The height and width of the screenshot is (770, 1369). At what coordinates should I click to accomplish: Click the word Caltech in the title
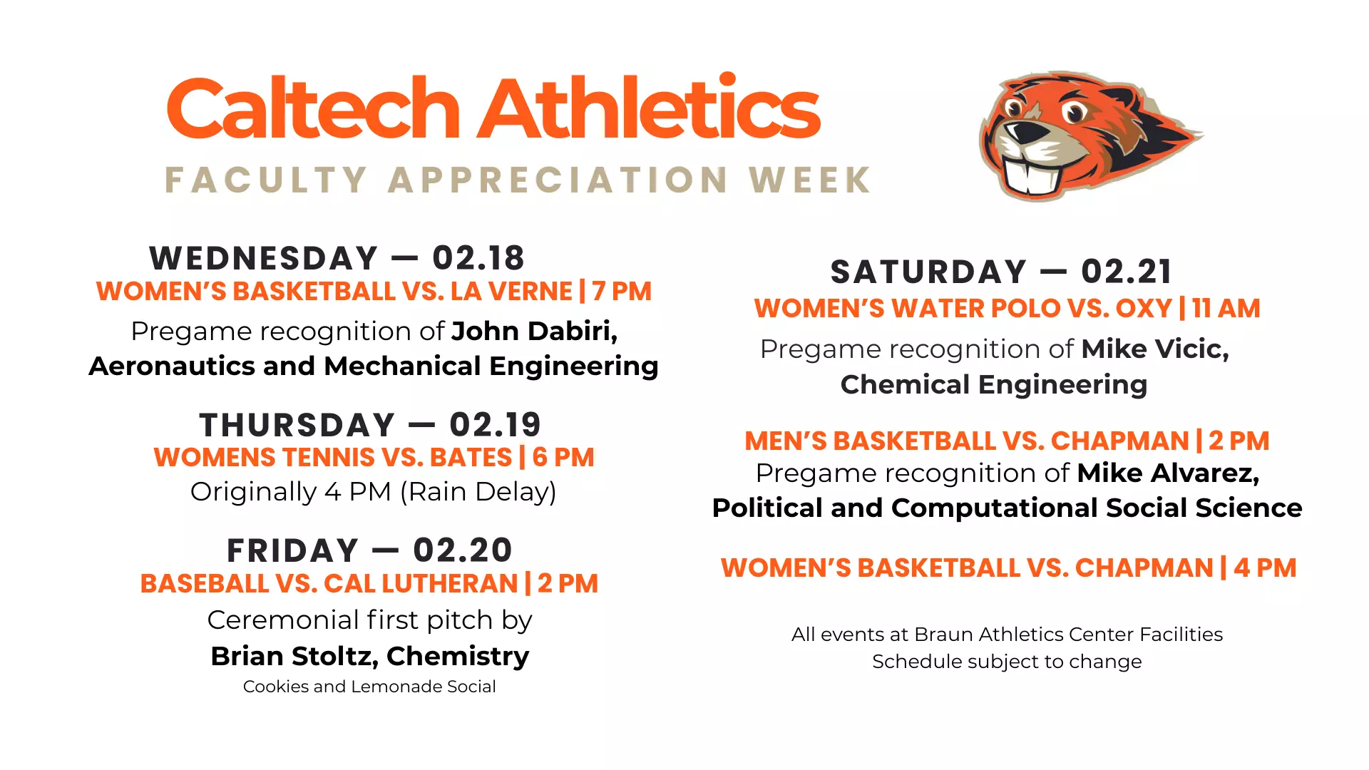point(314,108)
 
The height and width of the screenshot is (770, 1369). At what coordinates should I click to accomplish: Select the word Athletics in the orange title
point(649,108)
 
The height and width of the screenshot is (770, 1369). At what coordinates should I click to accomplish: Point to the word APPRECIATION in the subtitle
point(558,180)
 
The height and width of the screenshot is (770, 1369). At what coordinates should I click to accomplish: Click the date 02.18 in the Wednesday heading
point(478,258)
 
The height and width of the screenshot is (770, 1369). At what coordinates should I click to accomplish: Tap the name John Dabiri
point(533,331)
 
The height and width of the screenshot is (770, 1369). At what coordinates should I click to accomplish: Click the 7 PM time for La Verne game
point(622,292)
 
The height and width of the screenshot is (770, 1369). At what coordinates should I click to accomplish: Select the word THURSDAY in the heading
point(297,426)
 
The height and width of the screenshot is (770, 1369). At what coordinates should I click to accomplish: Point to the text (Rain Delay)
point(478,492)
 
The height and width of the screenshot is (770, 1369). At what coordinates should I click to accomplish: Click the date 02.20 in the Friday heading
point(463,550)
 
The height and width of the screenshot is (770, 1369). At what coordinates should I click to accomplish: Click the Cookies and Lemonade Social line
point(369,687)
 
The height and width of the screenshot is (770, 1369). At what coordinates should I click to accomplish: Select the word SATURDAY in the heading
point(928,272)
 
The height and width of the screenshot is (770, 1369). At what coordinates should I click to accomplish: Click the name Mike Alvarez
point(1167,473)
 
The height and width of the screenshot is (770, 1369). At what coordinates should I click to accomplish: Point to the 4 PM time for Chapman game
point(1265,568)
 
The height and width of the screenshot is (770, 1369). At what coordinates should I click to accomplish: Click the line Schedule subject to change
point(1007,662)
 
